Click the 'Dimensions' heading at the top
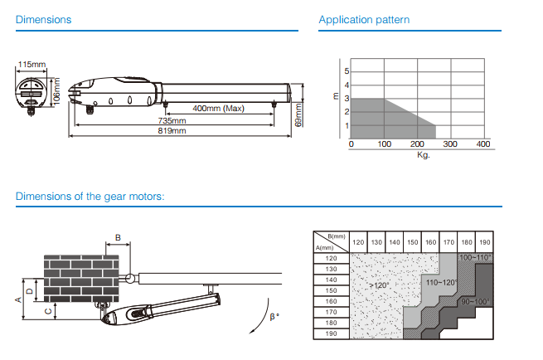click(43, 19)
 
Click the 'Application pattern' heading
click(364, 19)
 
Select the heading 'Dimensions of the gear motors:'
click(90, 197)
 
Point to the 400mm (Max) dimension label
click(219, 109)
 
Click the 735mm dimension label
click(172, 121)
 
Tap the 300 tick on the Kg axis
click(450, 144)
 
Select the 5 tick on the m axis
click(347, 71)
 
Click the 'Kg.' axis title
click(423, 154)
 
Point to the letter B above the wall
click(118, 237)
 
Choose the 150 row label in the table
click(331, 290)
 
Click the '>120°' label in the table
click(379, 285)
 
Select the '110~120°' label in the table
click(441, 283)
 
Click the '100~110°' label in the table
click(476, 258)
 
